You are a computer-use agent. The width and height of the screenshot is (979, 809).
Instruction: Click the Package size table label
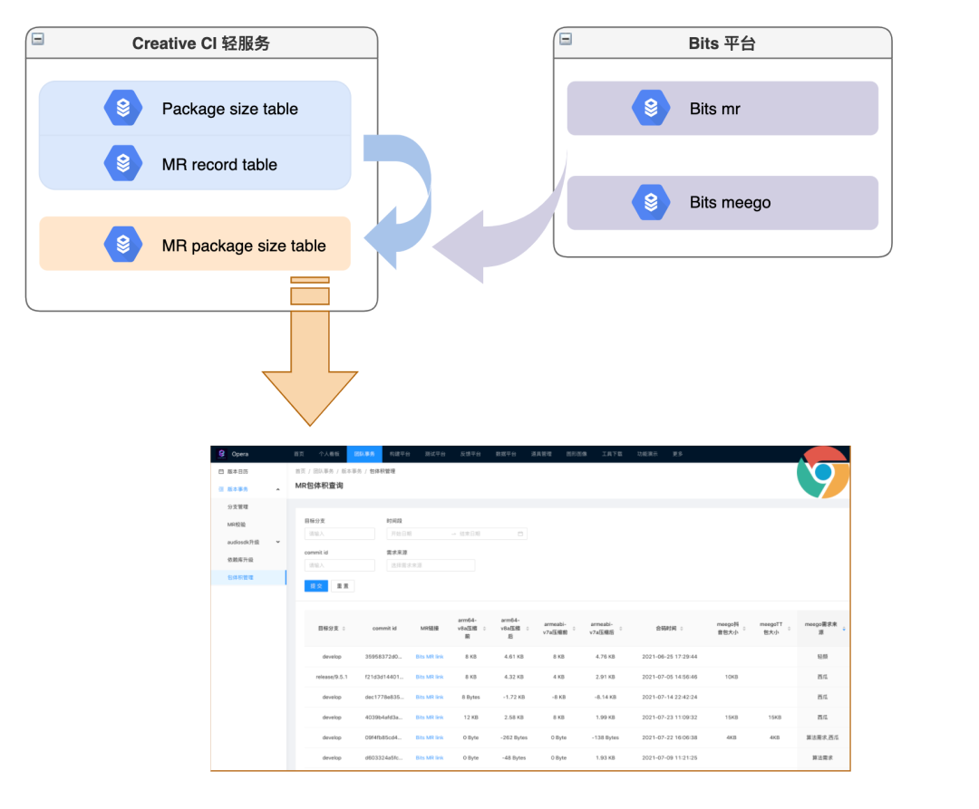point(229,109)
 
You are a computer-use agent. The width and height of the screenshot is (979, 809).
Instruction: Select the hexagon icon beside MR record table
point(122,164)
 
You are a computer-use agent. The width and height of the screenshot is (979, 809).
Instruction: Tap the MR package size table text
point(244,246)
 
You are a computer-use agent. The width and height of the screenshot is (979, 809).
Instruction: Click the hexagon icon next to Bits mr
point(650,108)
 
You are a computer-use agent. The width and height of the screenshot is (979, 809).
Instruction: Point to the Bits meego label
point(730,202)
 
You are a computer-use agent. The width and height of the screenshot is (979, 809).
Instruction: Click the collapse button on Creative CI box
point(38,39)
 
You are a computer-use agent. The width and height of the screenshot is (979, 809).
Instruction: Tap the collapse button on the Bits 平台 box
point(566,39)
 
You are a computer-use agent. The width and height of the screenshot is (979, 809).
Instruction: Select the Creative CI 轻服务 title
point(200,43)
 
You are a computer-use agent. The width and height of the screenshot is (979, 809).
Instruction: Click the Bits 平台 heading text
point(722,43)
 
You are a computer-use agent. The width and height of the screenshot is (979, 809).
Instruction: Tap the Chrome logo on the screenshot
point(822,472)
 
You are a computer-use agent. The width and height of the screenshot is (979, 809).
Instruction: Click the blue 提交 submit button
point(315,586)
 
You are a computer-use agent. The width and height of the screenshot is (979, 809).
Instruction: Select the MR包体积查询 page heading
point(319,486)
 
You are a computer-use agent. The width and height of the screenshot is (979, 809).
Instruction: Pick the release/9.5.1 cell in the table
point(332,677)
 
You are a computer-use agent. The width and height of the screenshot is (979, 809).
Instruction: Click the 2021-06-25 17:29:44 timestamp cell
point(669,657)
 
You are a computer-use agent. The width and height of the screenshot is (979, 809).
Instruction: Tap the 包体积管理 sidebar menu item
point(240,577)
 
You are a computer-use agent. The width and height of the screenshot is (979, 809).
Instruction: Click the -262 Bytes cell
point(513,737)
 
